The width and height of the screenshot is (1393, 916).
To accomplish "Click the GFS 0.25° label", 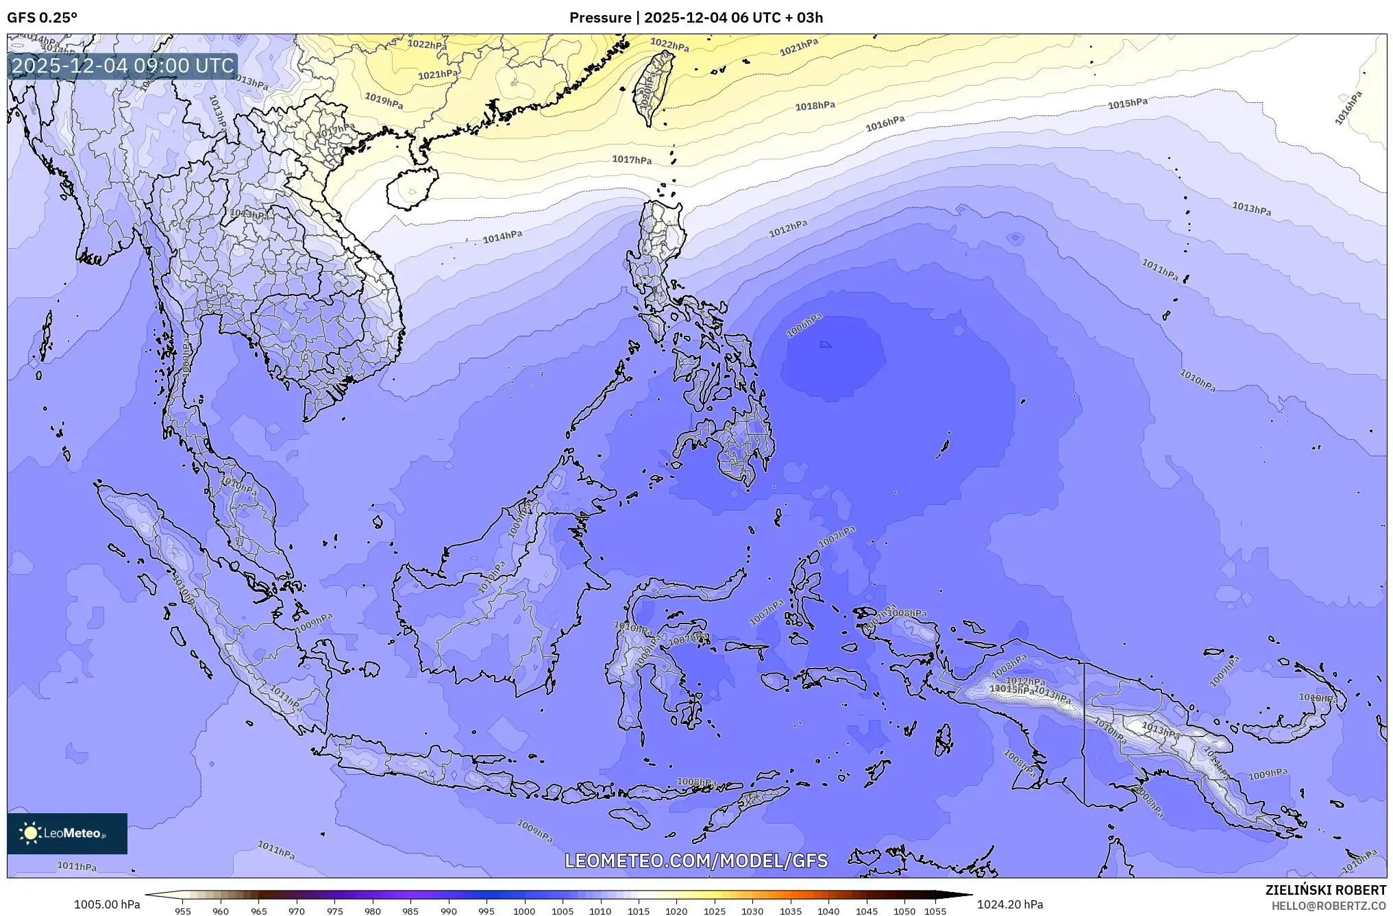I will [x=42, y=18].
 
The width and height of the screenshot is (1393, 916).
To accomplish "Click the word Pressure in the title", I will [x=600, y=18].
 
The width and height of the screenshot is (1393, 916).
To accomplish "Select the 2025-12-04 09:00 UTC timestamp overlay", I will [x=123, y=66].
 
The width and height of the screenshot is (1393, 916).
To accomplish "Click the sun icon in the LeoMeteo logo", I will [x=30, y=832].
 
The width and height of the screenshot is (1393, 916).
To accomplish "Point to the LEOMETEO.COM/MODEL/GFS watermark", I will [x=696, y=861].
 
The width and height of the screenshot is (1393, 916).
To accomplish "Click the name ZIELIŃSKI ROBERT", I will [x=1325, y=890].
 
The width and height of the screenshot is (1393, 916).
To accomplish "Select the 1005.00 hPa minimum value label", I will [x=107, y=904].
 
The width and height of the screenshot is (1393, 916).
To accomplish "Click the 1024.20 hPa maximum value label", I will [x=1010, y=904].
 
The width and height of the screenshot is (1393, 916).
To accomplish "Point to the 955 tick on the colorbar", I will [x=183, y=911].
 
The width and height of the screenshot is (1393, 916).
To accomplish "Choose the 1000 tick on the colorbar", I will [x=524, y=911].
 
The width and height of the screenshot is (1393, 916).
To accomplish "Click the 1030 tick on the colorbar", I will [x=752, y=911].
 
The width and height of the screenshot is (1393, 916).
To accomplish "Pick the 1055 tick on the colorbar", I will [x=935, y=911].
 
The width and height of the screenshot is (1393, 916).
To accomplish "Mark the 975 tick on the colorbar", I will [x=334, y=911].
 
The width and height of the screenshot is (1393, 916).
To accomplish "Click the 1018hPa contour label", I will [x=815, y=106].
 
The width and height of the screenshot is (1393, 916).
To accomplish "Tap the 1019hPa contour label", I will [x=384, y=101].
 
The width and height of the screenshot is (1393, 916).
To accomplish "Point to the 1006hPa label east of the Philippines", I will [x=804, y=326].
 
